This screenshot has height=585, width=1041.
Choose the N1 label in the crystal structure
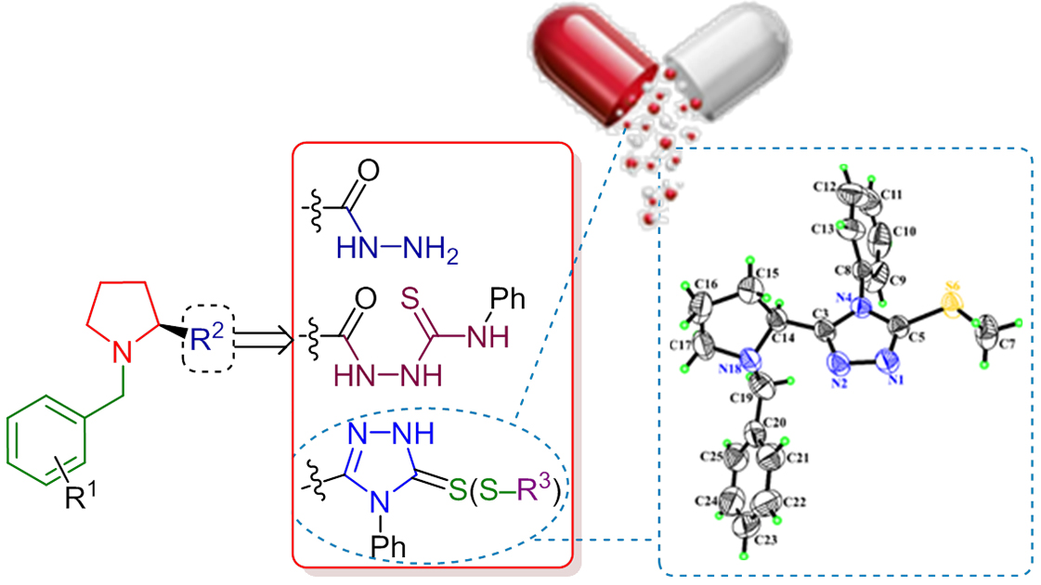(x=897, y=378)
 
